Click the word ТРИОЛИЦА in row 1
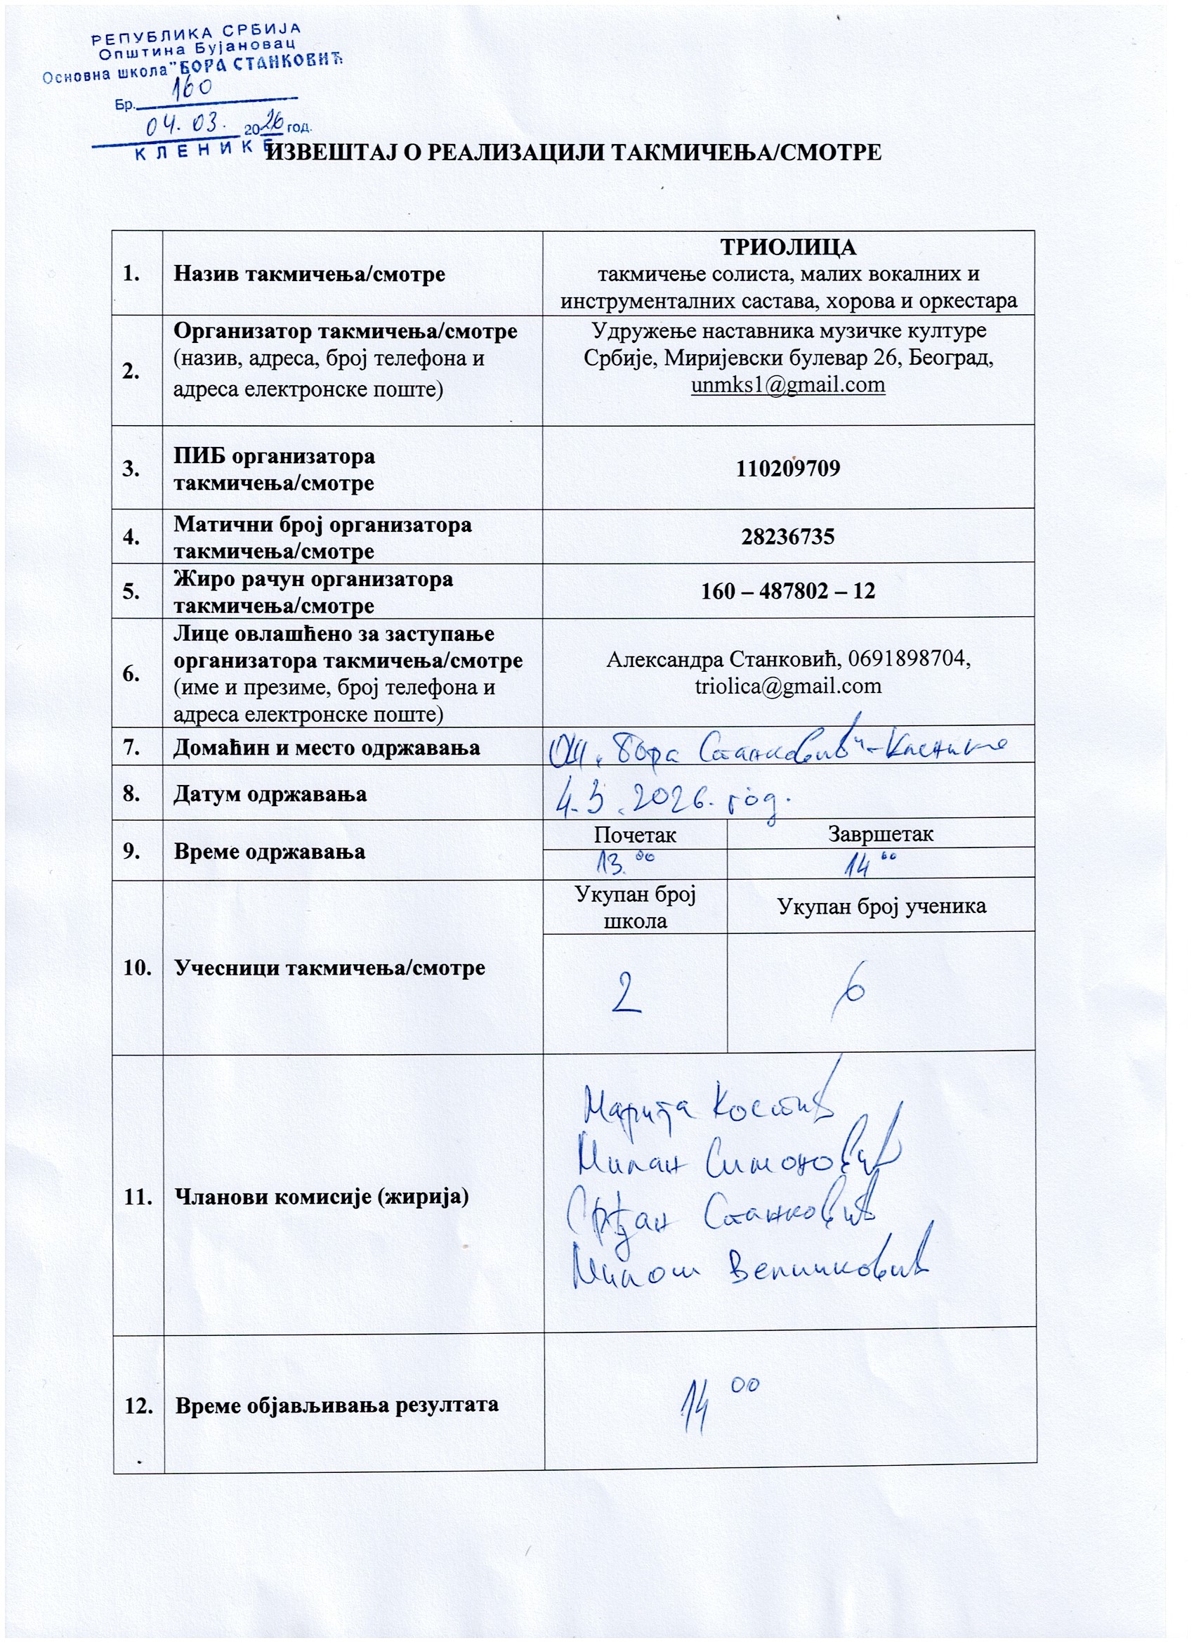pos(788,247)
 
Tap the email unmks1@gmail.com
pos(788,384)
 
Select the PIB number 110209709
pos(788,468)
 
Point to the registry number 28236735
pos(788,536)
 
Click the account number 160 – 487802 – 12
pos(788,590)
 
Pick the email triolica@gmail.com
pos(788,685)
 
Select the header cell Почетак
pos(634,834)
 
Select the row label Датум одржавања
pos(270,793)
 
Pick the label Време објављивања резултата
pos(337,1404)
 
